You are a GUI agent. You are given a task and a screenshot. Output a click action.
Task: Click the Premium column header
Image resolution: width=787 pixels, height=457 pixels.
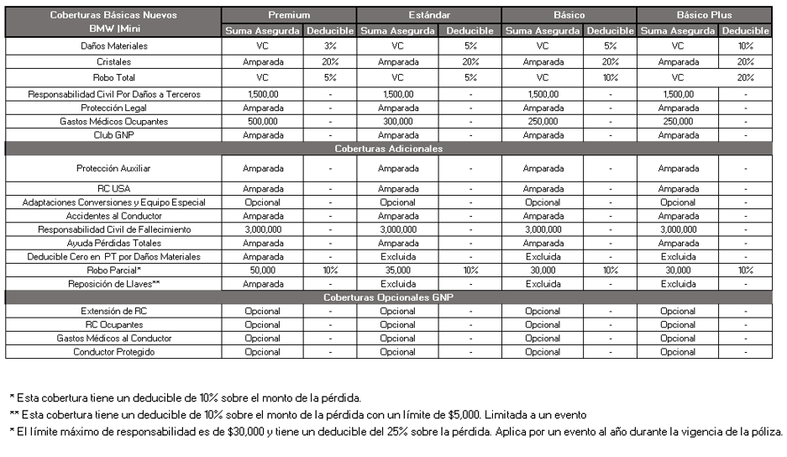[x=289, y=15]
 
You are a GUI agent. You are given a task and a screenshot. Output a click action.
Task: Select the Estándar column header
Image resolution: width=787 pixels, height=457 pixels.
[x=428, y=15]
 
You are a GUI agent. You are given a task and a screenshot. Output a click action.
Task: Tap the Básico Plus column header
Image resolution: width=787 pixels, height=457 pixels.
[x=704, y=15]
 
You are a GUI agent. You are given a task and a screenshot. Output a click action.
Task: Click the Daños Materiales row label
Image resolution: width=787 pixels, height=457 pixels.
[x=113, y=46]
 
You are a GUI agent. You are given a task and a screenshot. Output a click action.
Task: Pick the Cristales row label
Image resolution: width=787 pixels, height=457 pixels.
[x=113, y=62]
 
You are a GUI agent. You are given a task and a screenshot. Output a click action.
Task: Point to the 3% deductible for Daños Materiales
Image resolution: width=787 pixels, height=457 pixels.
[x=330, y=46]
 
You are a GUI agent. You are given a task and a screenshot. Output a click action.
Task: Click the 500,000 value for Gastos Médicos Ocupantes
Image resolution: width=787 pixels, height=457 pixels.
[x=263, y=122]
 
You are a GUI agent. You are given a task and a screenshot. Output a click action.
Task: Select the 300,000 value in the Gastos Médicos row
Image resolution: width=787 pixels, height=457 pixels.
[x=398, y=122]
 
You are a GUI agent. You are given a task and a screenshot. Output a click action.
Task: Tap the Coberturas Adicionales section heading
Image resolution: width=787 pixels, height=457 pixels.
[x=388, y=149]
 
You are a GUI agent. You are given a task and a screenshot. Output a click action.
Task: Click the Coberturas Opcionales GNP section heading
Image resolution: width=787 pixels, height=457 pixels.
[x=388, y=297]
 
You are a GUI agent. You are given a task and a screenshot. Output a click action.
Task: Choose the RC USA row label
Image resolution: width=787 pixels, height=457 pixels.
[x=113, y=189]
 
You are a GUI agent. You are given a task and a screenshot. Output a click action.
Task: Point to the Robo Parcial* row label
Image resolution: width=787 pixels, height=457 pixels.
[x=113, y=271]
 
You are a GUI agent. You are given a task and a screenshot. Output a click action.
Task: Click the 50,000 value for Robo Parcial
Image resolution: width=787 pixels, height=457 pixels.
[x=263, y=271]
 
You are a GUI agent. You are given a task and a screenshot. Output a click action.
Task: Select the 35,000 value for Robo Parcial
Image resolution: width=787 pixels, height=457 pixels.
[x=398, y=271]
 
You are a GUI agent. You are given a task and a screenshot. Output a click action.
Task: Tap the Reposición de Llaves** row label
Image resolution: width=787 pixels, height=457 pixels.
[x=113, y=284]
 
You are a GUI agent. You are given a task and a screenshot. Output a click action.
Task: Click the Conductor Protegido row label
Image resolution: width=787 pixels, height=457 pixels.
[x=113, y=352]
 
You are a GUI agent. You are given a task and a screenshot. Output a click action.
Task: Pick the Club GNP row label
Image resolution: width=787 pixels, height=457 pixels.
[x=113, y=135]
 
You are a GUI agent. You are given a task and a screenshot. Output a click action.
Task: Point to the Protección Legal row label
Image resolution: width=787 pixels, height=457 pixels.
[x=113, y=108]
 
